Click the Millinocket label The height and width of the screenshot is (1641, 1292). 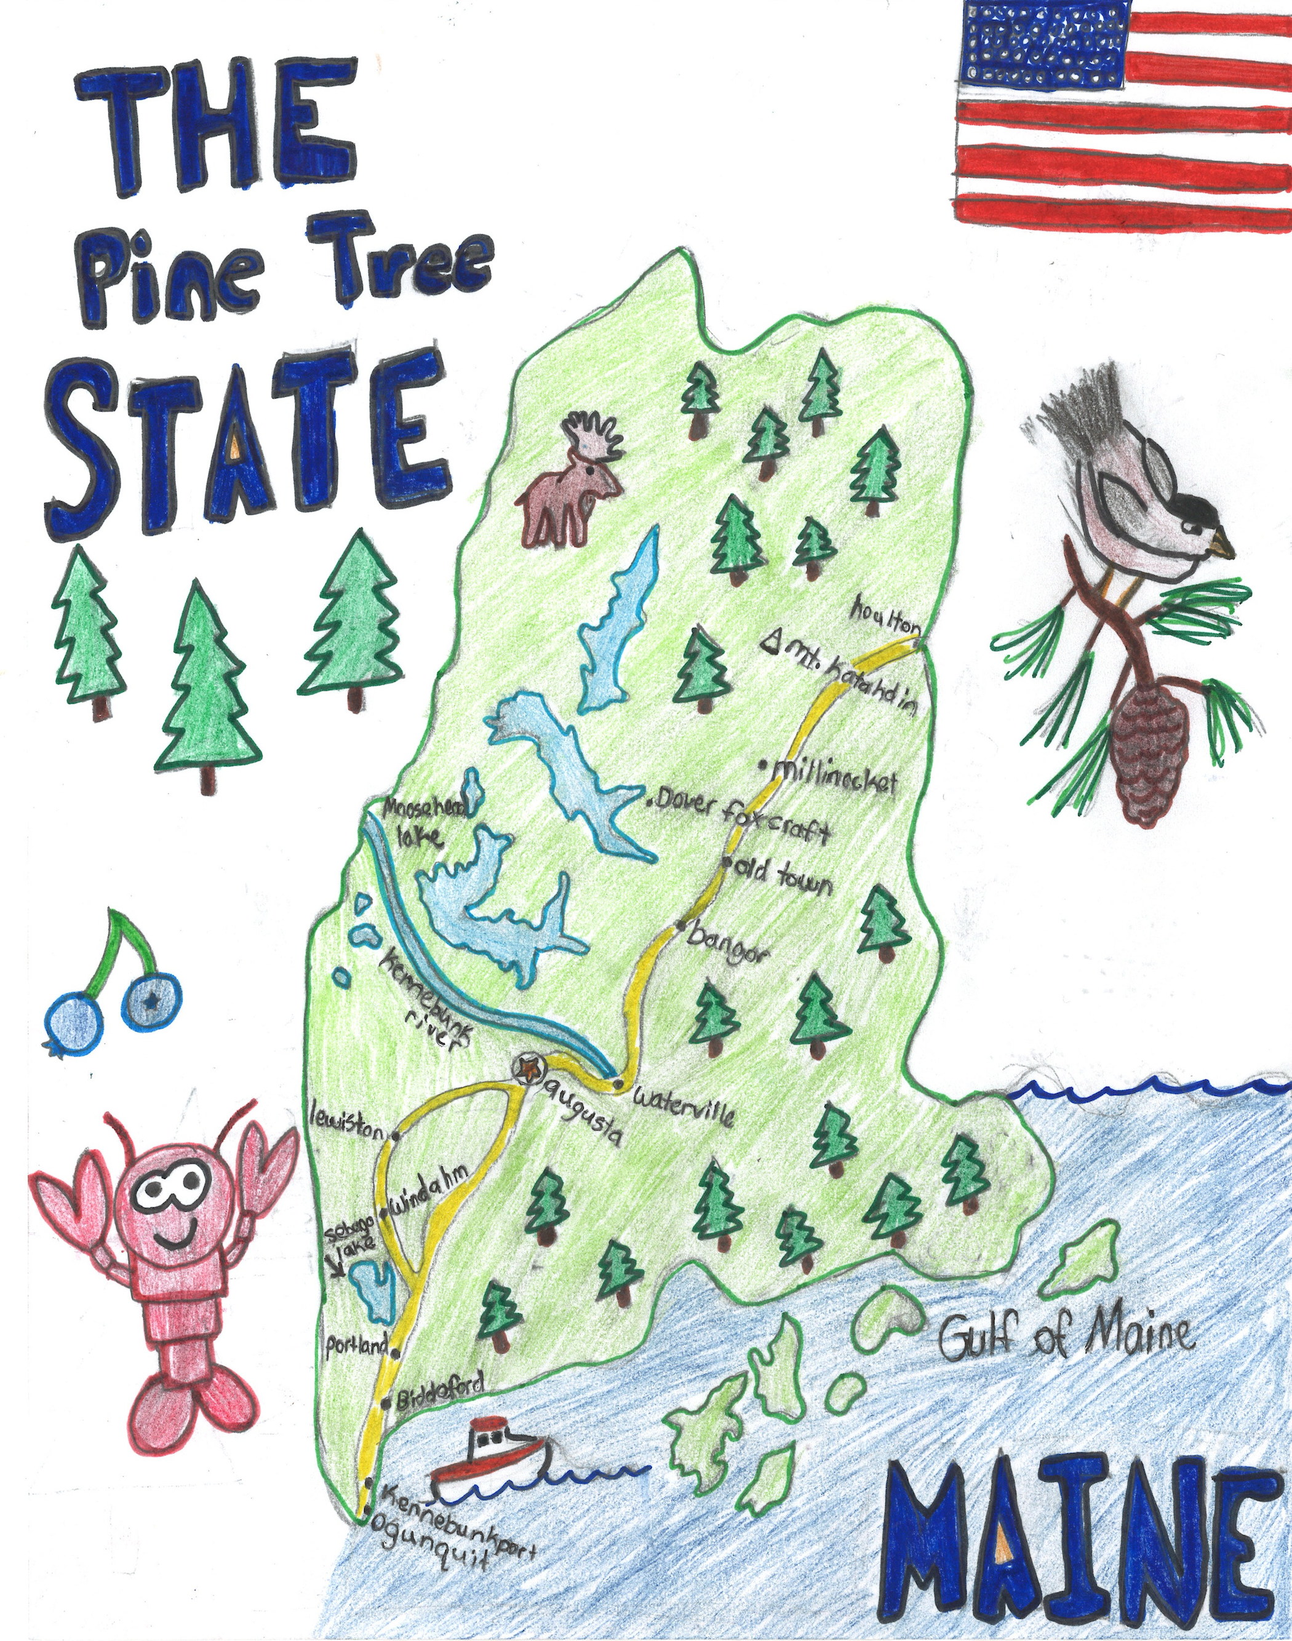pyautogui.click(x=832, y=776)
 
